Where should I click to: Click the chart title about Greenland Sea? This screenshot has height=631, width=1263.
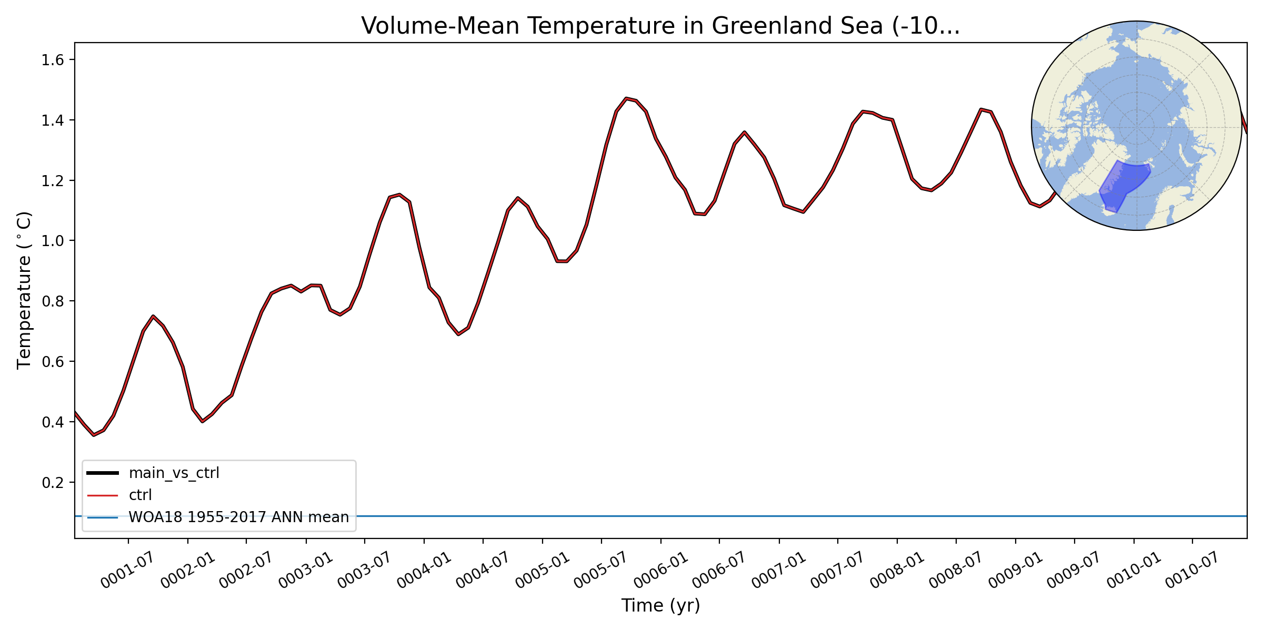click(x=660, y=26)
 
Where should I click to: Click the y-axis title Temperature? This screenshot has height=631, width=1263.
click(x=25, y=290)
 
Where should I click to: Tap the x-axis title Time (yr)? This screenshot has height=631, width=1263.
click(x=660, y=605)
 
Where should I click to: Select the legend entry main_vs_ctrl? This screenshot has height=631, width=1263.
click(x=174, y=473)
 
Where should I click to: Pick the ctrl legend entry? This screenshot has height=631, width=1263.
click(x=140, y=495)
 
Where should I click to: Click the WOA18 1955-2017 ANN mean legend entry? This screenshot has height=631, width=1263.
click(x=238, y=517)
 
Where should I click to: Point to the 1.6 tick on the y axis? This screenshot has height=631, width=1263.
click(x=53, y=60)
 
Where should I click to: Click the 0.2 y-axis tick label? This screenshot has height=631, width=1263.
click(x=53, y=483)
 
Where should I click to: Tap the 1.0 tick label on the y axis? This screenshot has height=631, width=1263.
click(x=53, y=241)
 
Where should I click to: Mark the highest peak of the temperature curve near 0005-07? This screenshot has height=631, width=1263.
click(x=626, y=98)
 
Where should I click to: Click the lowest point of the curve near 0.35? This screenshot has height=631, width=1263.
click(x=94, y=435)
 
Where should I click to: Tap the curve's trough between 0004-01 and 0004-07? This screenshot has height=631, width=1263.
click(x=458, y=334)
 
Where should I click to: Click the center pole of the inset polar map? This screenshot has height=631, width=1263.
click(x=1137, y=126)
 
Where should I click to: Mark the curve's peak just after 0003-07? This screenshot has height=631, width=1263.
click(x=399, y=195)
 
